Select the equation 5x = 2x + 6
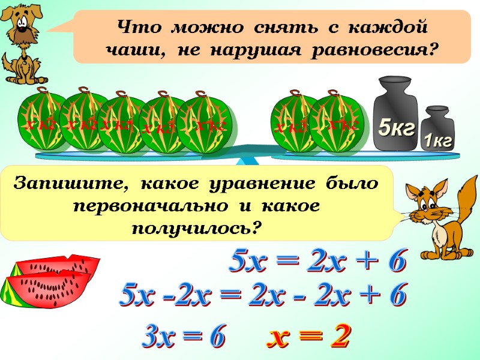coord(318,262)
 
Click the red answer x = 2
coord(308,338)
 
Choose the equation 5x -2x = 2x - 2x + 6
coord(264,295)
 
